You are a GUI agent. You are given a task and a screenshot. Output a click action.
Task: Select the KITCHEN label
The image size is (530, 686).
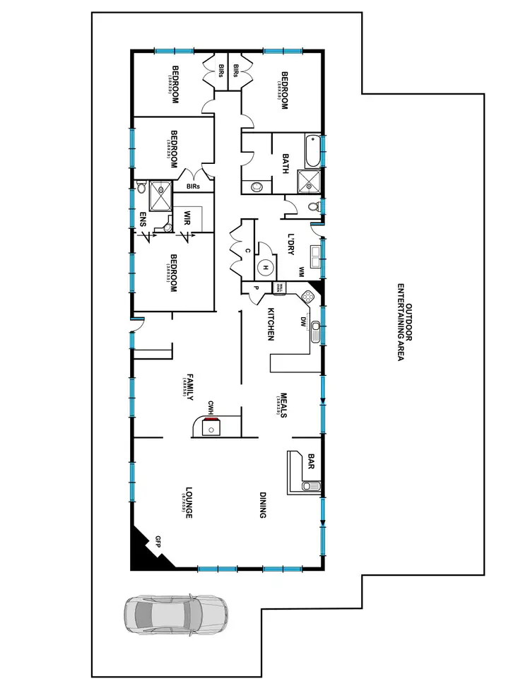coord(270,324)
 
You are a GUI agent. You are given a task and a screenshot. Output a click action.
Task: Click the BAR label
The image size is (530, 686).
coord(310,461)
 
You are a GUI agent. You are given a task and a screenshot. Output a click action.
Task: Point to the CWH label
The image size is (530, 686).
coord(211,407)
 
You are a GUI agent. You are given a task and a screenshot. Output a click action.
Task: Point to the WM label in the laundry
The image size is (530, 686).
coord(302,270)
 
